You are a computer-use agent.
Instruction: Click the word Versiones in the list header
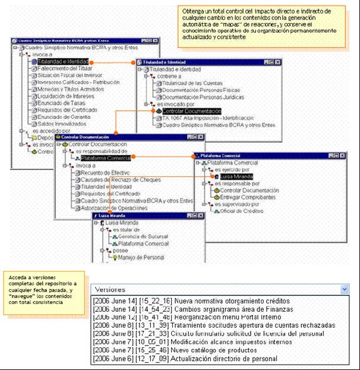(110, 289)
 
